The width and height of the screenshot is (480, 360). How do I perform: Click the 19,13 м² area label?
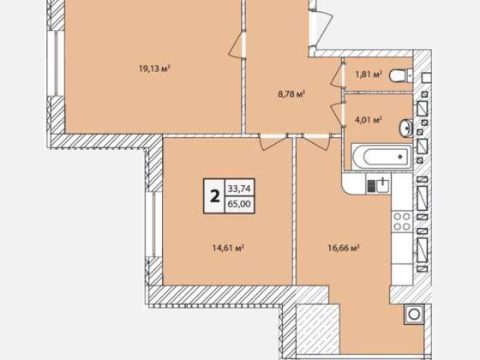pos(154,69)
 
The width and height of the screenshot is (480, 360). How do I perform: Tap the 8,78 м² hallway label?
pos(291,93)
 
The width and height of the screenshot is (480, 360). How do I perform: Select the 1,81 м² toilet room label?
pos(369,74)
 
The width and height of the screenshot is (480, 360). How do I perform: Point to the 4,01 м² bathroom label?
pos(369,119)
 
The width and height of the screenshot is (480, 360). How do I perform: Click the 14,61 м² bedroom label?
pos(228,248)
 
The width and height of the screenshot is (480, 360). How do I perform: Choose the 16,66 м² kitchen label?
pos(344,248)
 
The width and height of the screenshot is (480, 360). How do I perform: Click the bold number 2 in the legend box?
pos(215,196)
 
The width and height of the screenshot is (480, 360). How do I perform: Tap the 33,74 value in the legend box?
pos(239,189)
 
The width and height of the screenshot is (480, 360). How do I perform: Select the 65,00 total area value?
pos(239,204)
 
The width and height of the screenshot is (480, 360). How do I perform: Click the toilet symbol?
pos(401,75)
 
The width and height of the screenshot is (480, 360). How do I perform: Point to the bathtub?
pos(381,157)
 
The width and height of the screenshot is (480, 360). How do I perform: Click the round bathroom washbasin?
pos(406,128)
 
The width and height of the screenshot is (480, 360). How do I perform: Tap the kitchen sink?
pos(378,185)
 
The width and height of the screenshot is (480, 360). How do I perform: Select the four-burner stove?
pos(402,222)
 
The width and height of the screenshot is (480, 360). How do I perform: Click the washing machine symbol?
pos(414,314)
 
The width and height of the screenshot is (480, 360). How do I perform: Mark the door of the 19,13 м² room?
pos(237,45)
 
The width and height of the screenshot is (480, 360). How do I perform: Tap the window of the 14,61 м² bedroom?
pos(150,225)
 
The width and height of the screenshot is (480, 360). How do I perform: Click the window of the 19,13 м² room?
pos(51,63)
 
